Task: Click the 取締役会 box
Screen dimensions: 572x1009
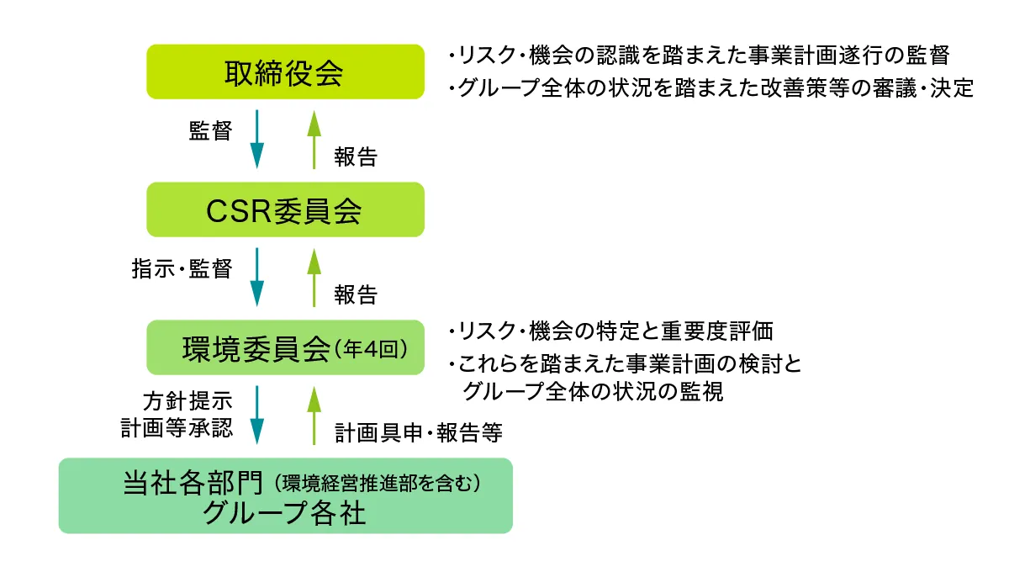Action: coord(285,72)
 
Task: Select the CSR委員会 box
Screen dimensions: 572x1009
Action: coord(285,210)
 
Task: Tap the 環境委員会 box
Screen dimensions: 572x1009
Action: coord(285,347)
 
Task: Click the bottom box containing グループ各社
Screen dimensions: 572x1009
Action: coord(285,495)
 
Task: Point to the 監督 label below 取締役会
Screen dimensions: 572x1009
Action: coord(209,132)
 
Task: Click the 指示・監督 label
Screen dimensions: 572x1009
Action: coord(182,269)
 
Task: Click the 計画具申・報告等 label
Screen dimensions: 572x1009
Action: coord(419,432)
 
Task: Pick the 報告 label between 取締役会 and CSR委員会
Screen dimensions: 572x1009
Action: coord(356,157)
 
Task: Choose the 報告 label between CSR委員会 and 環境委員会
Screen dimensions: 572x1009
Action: coord(356,294)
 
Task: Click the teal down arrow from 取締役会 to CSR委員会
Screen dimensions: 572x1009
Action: coord(256,140)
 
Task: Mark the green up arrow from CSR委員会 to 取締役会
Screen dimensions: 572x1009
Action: coord(314,140)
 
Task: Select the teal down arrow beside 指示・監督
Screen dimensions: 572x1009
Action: coord(256,278)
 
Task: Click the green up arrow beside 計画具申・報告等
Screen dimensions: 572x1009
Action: coord(314,415)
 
